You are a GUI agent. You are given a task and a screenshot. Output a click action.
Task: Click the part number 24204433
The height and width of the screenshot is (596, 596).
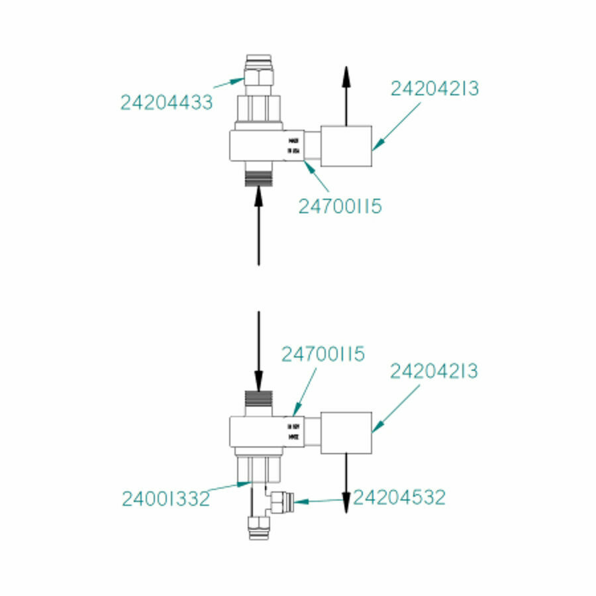click(166, 103)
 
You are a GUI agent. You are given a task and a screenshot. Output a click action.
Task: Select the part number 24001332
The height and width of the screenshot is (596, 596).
click(166, 498)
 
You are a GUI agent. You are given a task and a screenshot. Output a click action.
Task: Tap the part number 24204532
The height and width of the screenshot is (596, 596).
click(399, 497)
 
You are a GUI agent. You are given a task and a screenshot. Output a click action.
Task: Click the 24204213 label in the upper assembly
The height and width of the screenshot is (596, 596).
click(434, 89)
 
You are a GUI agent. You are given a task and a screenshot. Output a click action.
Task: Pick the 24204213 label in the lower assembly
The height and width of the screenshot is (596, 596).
click(434, 372)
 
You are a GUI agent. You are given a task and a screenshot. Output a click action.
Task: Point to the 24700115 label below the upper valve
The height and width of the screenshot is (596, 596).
click(340, 207)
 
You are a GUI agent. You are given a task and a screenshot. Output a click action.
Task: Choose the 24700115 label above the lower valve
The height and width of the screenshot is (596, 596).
click(323, 354)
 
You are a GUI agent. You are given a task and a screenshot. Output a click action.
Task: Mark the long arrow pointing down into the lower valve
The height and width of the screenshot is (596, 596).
click(258, 351)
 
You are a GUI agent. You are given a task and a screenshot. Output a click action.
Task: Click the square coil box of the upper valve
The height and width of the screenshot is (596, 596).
click(346, 146)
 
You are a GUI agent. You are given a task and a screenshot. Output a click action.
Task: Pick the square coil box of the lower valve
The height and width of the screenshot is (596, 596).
click(346, 433)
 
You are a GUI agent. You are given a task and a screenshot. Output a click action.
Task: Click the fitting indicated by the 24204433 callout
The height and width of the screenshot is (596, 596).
click(258, 75)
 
